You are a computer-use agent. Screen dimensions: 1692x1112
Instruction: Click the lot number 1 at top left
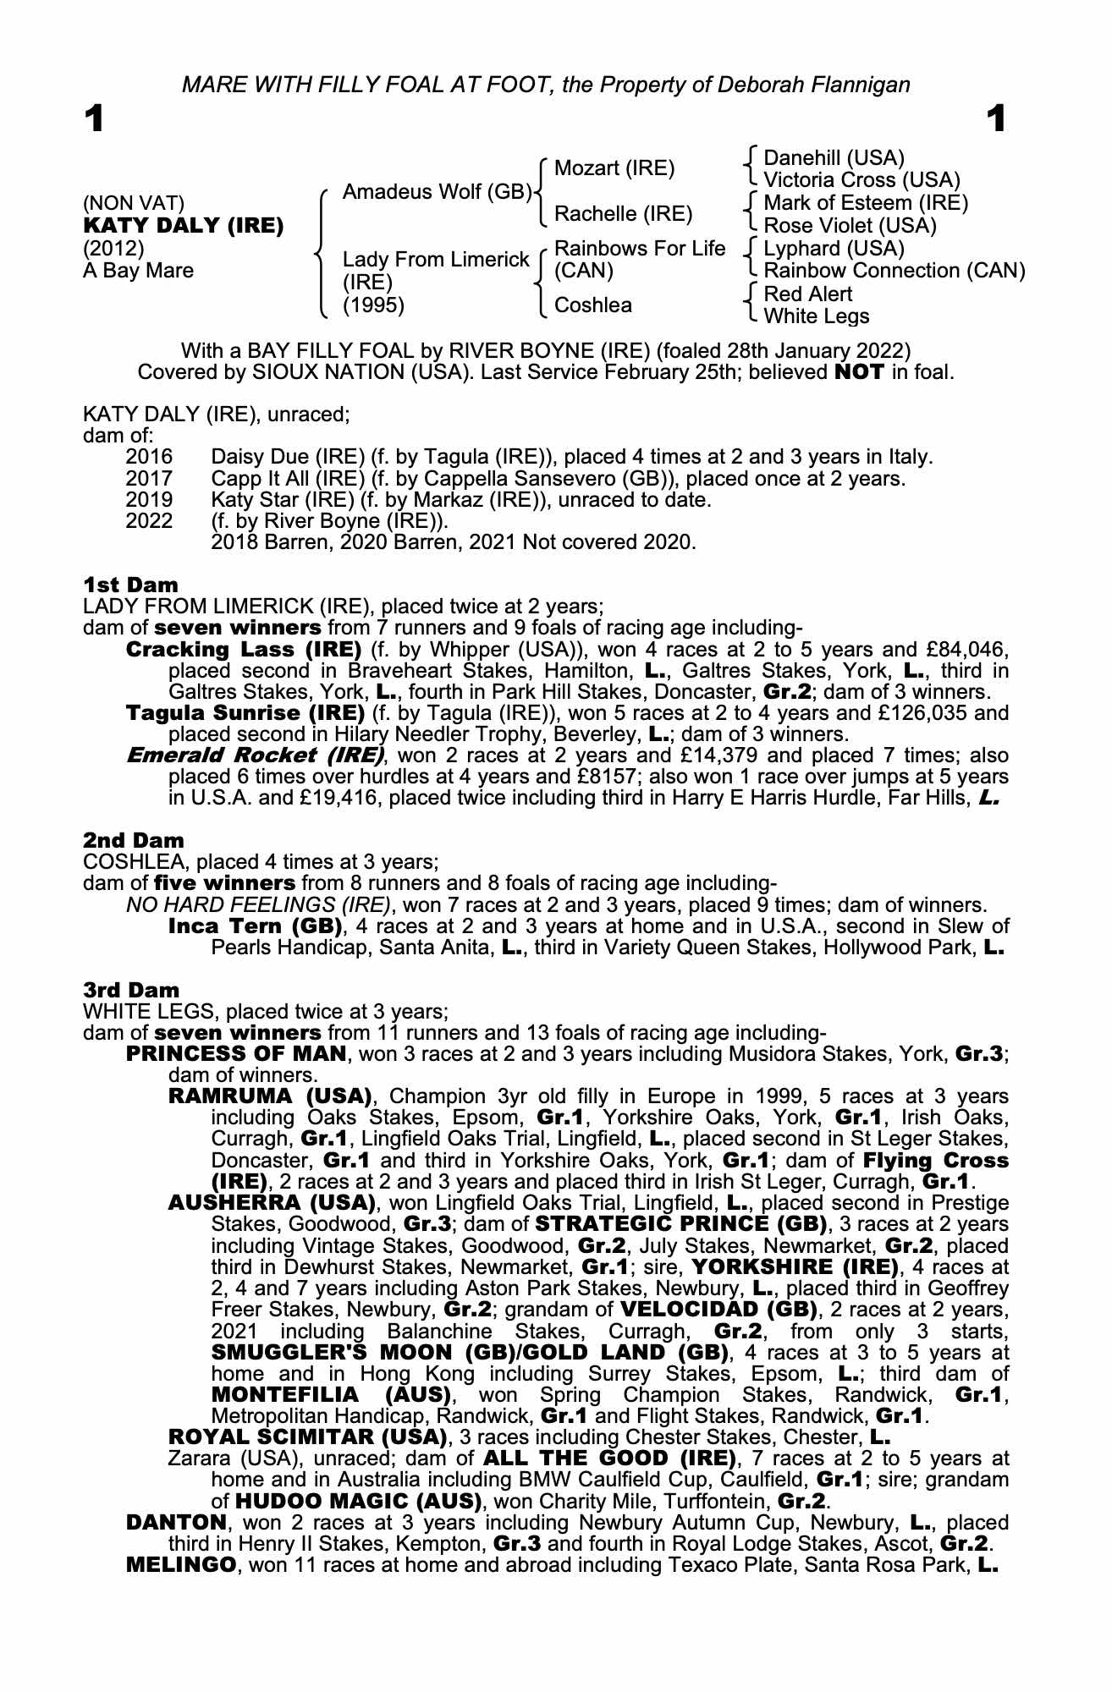click(x=94, y=120)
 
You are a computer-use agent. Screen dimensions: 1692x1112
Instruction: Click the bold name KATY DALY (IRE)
click(x=183, y=226)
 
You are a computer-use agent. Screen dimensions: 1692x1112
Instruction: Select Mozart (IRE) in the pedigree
click(x=614, y=168)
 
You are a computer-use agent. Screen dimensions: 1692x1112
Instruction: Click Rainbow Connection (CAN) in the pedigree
click(x=894, y=271)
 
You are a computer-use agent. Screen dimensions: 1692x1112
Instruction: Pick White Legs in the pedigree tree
click(x=816, y=316)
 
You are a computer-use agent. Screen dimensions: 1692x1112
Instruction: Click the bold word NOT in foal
click(x=859, y=372)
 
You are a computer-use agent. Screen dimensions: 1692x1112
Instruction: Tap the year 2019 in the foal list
click(x=149, y=499)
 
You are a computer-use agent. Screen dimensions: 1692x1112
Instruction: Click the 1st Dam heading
click(x=130, y=585)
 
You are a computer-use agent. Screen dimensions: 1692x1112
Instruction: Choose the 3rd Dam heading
click(x=131, y=990)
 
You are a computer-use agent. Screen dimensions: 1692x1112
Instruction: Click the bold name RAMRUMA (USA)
click(x=271, y=1097)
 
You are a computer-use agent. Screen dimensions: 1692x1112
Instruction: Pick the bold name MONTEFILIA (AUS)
click(x=328, y=1394)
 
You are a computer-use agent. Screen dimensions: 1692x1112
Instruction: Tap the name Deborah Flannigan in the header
click(x=814, y=85)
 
